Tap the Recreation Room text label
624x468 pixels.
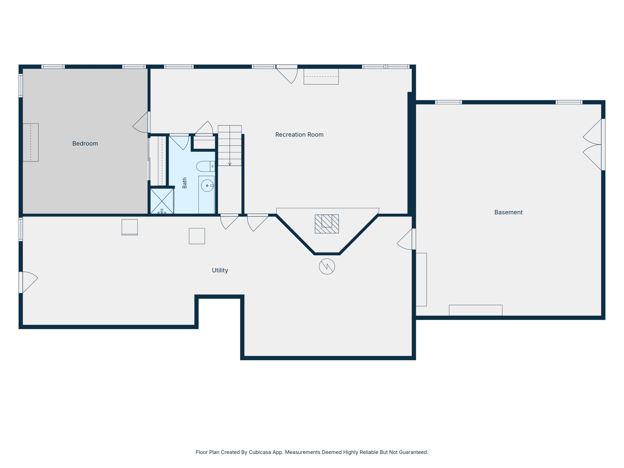pos(299,135)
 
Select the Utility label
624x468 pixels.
pos(220,270)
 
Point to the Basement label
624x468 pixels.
pos(508,212)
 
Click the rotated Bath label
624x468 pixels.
pos(184,183)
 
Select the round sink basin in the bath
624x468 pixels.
pos(207,186)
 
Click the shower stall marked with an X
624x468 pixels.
pos(162,201)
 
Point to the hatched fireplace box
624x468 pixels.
pos(327,224)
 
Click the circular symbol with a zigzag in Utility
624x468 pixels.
pos(327,266)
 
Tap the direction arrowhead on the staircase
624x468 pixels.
pos(230,164)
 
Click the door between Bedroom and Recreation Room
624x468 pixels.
pos(141,122)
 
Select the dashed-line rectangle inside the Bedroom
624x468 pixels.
pos(30,142)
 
